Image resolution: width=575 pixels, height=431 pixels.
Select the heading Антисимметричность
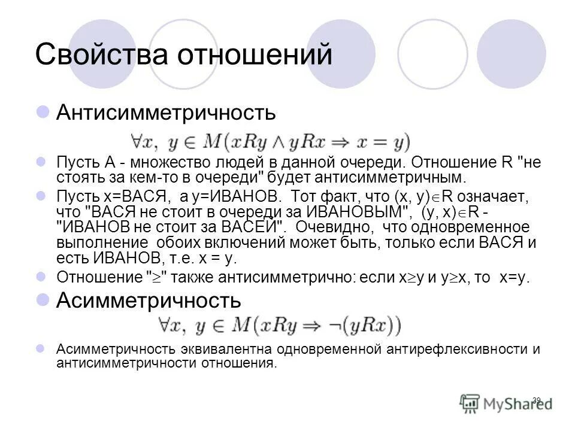click(166, 112)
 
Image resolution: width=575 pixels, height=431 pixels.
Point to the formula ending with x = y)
click(270, 142)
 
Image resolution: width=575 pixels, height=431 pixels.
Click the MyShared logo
click(506, 403)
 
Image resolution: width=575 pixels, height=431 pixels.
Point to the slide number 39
click(536, 399)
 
